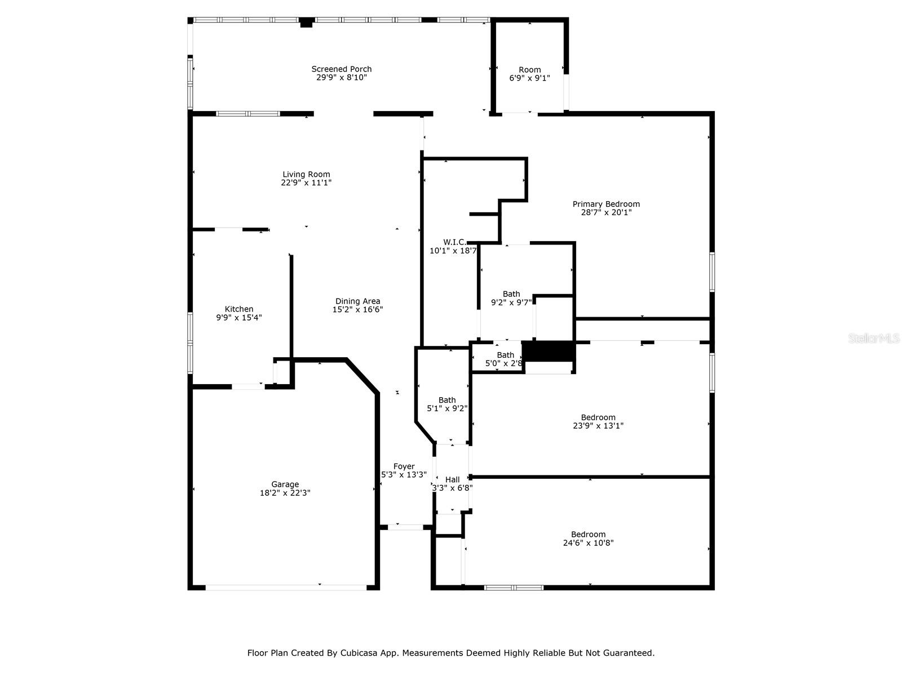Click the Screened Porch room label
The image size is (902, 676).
[x=341, y=69]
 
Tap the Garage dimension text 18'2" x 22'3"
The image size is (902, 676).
[x=285, y=493]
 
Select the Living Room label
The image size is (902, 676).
[x=306, y=175]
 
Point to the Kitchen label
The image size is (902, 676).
[x=239, y=309]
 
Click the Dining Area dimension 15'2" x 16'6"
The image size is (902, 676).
[x=357, y=310]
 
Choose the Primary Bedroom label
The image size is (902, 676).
[x=606, y=204]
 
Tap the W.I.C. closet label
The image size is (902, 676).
[x=454, y=242]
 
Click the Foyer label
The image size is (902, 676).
[x=404, y=466]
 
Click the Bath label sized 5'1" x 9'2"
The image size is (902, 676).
[x=447, y=401]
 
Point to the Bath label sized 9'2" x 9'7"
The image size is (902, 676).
[x=511, y=294]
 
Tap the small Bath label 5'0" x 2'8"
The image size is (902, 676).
[x=505, y=355]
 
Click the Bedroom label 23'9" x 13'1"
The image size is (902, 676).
[x=598, y=417]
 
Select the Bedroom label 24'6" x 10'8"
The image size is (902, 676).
[x=588, y=535]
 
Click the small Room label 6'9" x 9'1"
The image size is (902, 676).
[x=529, y=70]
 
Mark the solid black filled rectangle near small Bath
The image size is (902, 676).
[x=549, y=352]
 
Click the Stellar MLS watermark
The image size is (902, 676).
[x=873, y=339]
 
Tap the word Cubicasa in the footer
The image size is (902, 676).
[x=360, y=653]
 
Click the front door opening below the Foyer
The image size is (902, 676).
[x=401, y=527]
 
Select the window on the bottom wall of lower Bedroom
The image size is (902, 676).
[x=514, y=588]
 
